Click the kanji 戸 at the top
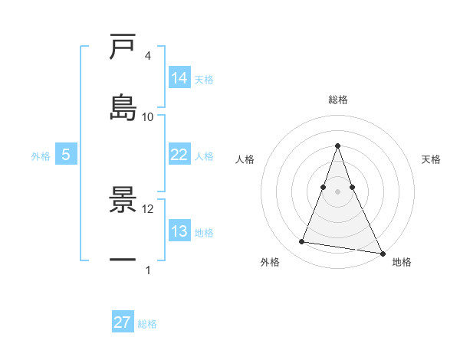[123, 47]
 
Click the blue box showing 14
[179, 78]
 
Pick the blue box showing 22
[179, 155]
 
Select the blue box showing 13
[179, 231]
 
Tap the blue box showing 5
[66, 155]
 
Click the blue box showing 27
[123, 322]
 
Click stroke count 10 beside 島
[148, 116]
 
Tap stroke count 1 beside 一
[147, 270]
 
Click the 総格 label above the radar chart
[338, 100]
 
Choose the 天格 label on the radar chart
[431, 159]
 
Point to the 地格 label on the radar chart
[402, 262]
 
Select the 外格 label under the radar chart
[270, 262]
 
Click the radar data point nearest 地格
[382, 253]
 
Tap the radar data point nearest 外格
[302, 242]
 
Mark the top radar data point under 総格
[338, 146]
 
